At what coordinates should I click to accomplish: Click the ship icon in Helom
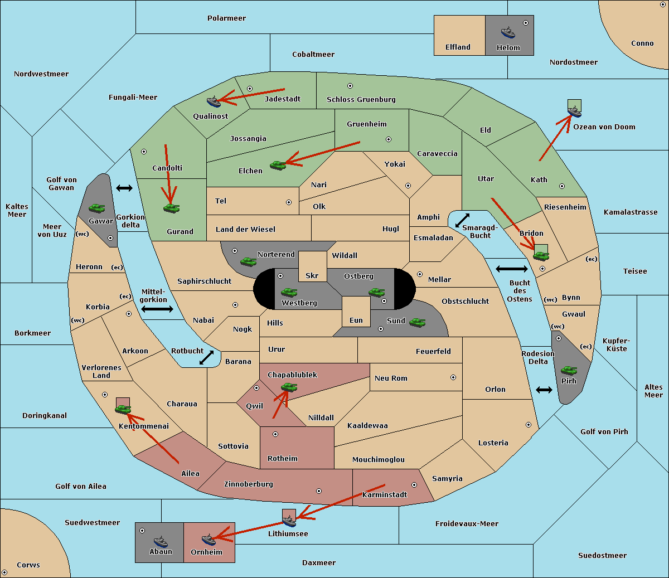coord(508,32)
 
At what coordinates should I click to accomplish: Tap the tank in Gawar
coord(97,208)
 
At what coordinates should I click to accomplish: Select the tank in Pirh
coord(569,370)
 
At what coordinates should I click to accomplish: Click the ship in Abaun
coord(161,541)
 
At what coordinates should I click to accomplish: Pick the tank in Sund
coord(417,322)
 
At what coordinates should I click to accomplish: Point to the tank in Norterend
coord(248,261)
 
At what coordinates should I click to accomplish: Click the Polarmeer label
coord(226,18)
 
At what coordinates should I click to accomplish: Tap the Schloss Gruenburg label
coord(361,99)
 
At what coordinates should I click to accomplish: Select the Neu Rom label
coord(391,378)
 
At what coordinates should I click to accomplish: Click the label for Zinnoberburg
coord(249,484)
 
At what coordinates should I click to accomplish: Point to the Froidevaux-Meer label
coord(467,523)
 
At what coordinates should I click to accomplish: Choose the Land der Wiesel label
coord(245,230)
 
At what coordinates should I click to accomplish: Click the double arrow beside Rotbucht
coord(206,358)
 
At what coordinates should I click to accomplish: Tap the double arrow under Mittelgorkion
coord(157,309)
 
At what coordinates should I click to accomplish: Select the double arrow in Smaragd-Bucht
coord(462,220)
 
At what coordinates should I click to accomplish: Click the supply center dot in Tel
coord(289,202)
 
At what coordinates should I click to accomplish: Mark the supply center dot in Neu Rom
coord(453,377)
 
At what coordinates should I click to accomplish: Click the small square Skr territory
coord(312,266)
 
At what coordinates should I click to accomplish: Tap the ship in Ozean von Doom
coord(574,111)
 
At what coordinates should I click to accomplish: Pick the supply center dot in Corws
coord(4,572)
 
